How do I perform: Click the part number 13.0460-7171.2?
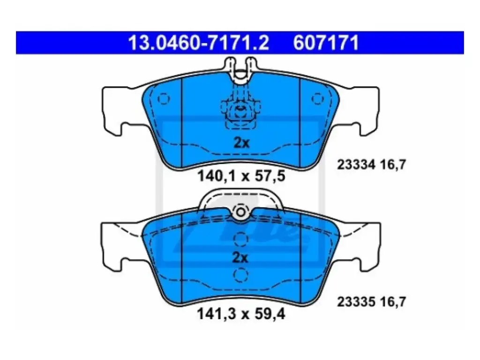[x=198, y=43]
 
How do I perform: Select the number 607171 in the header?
[x=326, y=43]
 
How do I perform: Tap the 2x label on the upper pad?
[x=241, y=142]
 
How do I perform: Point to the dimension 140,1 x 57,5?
[x=241, y=176]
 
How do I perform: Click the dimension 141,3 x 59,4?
[x=241, y=314]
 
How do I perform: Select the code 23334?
[x=356, y=165]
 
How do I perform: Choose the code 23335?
[x=356, y=302]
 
